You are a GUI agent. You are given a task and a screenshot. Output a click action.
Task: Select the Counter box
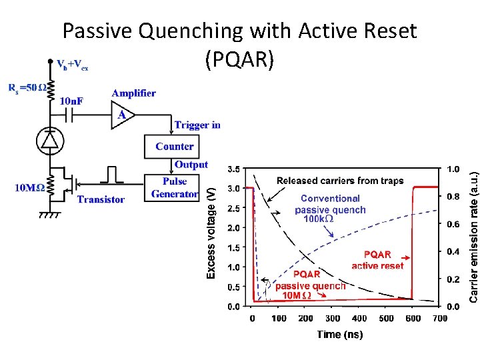tap(175, 147)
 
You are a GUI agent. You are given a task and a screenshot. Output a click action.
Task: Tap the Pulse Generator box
tap(175, 187)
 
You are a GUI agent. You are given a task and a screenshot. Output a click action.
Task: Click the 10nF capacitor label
tap(72, 101)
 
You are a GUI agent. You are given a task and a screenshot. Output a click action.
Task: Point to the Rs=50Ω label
tap(27, 87)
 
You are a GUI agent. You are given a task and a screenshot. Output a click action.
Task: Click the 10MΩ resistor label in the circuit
tap(30, 187)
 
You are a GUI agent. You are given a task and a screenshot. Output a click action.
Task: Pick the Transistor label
tap(101, 199)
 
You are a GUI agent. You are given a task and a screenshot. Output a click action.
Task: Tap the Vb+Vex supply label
tap(73, 65)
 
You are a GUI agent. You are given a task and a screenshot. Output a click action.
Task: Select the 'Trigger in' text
tap(197, 125)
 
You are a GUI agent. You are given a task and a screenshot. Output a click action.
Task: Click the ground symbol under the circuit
tap(51, 215)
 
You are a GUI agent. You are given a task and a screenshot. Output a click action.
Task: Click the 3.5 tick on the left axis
tap(234, 169)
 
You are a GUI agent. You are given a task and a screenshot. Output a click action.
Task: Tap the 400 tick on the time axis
tap(359, 319)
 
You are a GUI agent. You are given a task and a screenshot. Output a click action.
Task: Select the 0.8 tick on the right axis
tap(453, 197)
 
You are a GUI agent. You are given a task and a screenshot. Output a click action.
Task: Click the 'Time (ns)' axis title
tap(340, 334)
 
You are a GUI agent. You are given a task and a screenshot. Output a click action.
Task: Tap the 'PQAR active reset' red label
tap(377, 260)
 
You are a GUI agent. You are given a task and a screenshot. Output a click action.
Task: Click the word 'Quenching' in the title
tap(197, 31)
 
